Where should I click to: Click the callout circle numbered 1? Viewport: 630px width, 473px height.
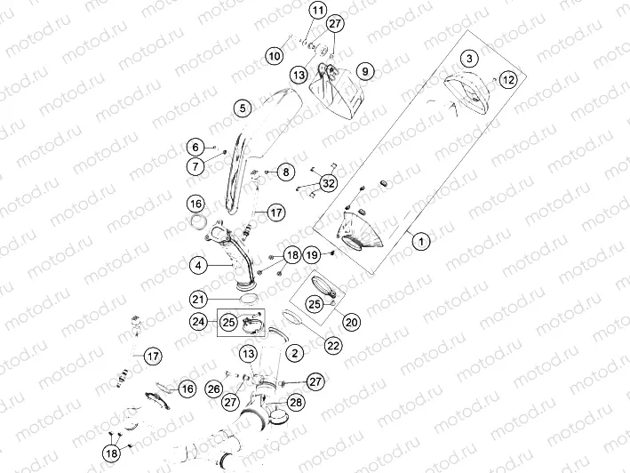tap(421, 239)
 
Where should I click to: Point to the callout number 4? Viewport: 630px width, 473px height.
tap(199, 264)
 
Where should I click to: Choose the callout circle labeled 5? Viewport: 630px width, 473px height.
tap(240, 108)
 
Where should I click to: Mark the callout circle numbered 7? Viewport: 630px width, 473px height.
tap(193, 165)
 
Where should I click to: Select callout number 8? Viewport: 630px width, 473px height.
tap(285, 172)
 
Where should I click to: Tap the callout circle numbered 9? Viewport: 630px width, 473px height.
tap(363, 70)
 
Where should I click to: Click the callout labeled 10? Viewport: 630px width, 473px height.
tap(275, 56)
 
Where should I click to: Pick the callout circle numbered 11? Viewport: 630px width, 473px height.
tap(293, 11)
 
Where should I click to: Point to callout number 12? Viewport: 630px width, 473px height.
tap(506, 80)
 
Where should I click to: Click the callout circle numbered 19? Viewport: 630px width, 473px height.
tap(312, 254)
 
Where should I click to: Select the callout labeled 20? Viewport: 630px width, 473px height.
tap(352, 322)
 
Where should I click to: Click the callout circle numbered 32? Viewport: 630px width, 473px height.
tap(329, 184)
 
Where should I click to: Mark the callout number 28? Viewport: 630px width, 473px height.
tap(295, 403)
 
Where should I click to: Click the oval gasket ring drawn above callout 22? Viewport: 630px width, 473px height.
tap(292, 317)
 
